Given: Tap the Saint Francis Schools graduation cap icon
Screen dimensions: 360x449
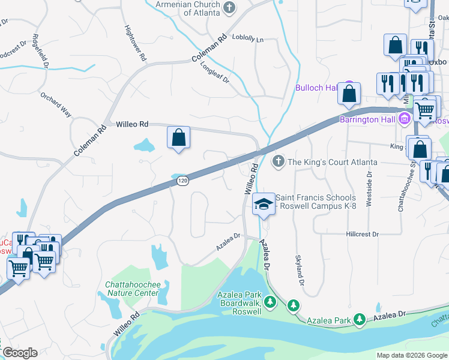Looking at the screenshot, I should [263, 203].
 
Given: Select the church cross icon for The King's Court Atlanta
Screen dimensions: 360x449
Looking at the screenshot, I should [278, 161].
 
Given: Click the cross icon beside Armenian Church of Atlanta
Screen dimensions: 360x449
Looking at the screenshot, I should [229, 8].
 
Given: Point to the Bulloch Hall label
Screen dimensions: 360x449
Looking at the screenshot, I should [316, 88].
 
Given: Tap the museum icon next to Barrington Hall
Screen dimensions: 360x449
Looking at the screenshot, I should [405, 119].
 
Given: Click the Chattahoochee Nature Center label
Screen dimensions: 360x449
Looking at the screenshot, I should [131, 289].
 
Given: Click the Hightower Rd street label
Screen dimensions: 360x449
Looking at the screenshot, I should [135, 43].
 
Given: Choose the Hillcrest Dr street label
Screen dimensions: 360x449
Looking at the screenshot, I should [362, 234].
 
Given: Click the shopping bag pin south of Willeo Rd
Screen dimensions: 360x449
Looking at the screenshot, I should [179, 137].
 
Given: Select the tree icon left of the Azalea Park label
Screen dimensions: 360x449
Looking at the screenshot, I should [294, 305].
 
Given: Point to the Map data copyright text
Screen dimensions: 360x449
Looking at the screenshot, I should [412, 355].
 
